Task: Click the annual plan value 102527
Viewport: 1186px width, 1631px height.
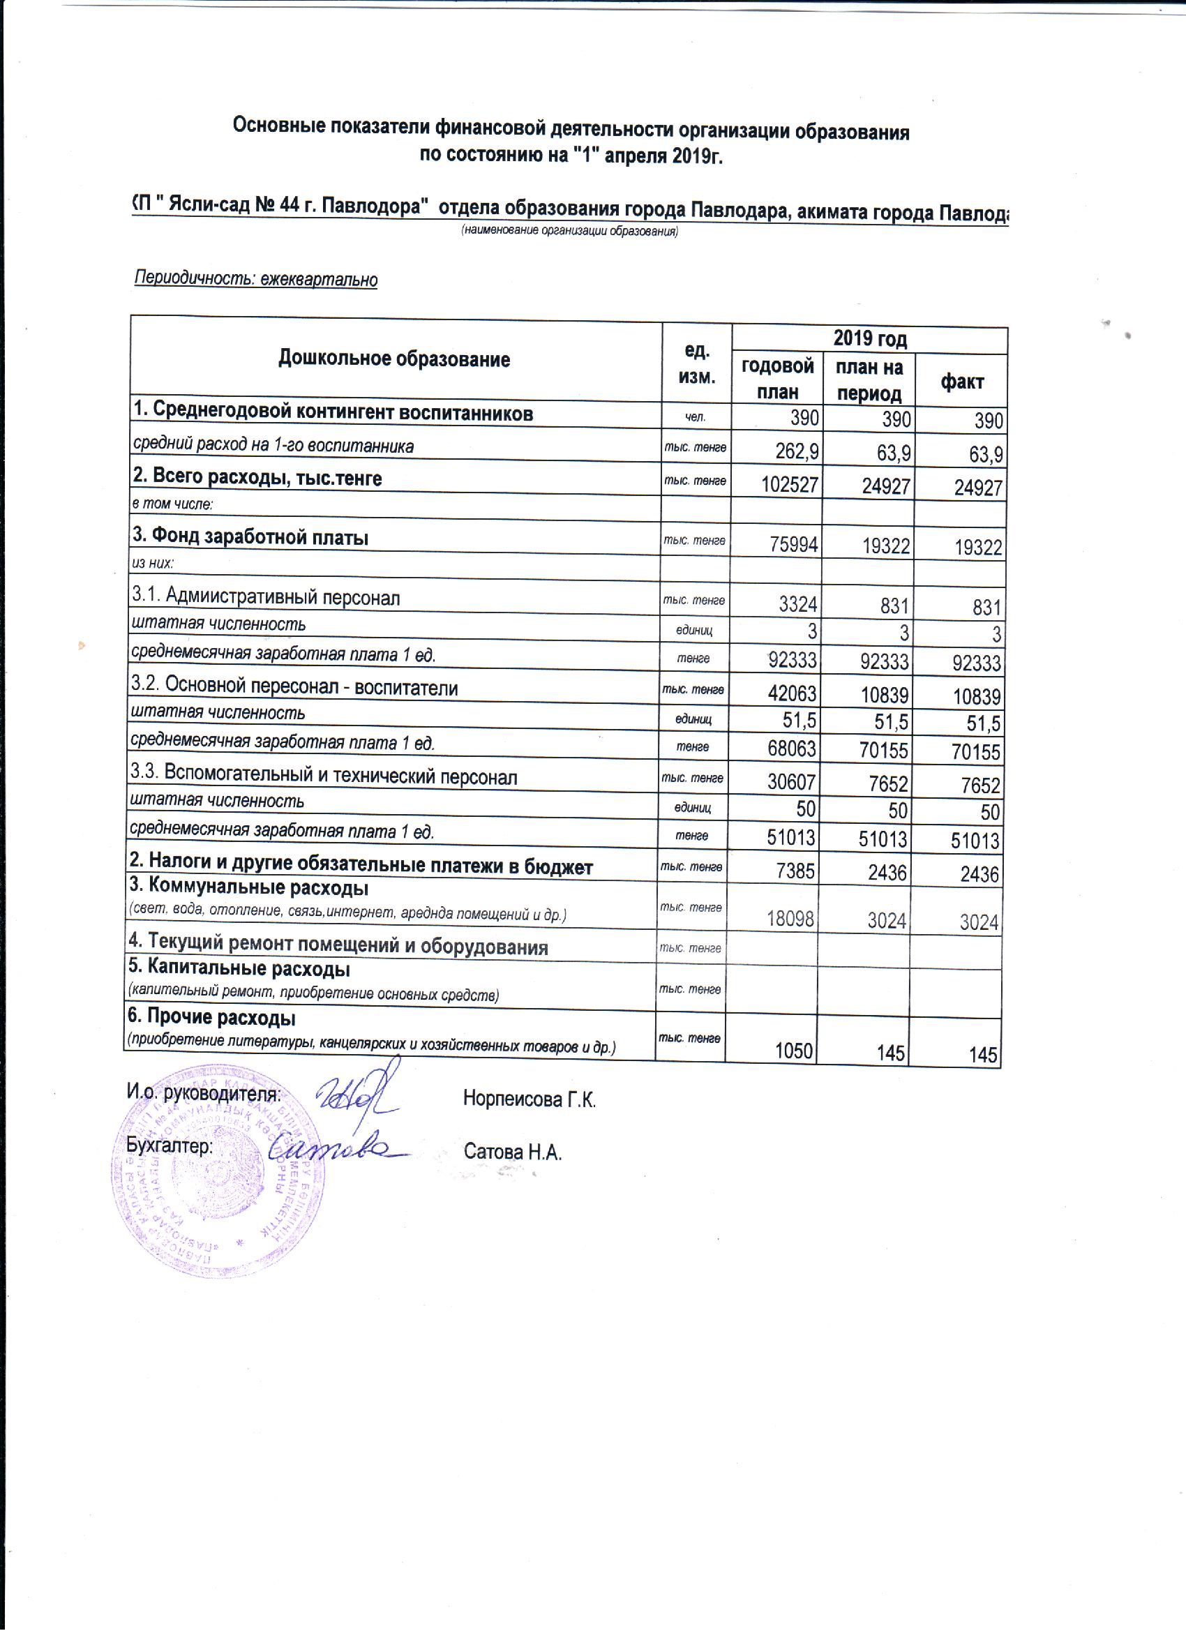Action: pos(789,485)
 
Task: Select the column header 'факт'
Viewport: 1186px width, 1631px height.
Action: pos(961,382)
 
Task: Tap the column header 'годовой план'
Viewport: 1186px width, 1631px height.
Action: pos(776,378)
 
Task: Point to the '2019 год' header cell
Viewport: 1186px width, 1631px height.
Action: pos(869,339)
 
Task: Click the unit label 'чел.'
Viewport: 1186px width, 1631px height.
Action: pos(695,416)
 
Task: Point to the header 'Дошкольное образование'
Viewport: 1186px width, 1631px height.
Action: pos(394,359)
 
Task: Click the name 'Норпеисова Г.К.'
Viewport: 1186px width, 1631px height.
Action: pos(530,1099)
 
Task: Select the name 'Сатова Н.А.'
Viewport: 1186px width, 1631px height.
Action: pos(512,1152)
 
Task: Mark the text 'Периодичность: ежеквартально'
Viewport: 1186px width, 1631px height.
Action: pos(256,279)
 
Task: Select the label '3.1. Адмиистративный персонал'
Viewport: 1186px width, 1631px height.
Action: pos(265,597)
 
